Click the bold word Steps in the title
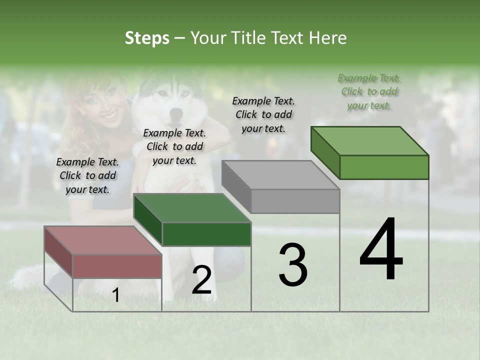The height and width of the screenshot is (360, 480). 147,38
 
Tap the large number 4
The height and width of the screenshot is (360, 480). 381,249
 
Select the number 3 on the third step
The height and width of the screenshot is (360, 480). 292,265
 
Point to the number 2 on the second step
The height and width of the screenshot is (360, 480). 201,280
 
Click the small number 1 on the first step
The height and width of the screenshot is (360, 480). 115,295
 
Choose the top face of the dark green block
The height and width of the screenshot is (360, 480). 192,208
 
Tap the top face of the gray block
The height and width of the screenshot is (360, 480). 280,175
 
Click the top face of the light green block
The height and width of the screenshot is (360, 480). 369,141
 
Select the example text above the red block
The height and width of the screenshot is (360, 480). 87,175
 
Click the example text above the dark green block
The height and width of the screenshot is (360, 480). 174,146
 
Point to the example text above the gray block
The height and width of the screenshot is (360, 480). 263,114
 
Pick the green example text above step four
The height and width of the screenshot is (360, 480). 369,91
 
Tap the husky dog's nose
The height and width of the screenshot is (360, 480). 174,113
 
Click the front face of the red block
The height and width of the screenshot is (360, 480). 117,266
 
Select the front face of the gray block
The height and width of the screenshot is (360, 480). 295,201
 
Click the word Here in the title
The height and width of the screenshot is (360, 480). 328,38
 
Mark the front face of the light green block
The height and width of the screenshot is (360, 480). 384,167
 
